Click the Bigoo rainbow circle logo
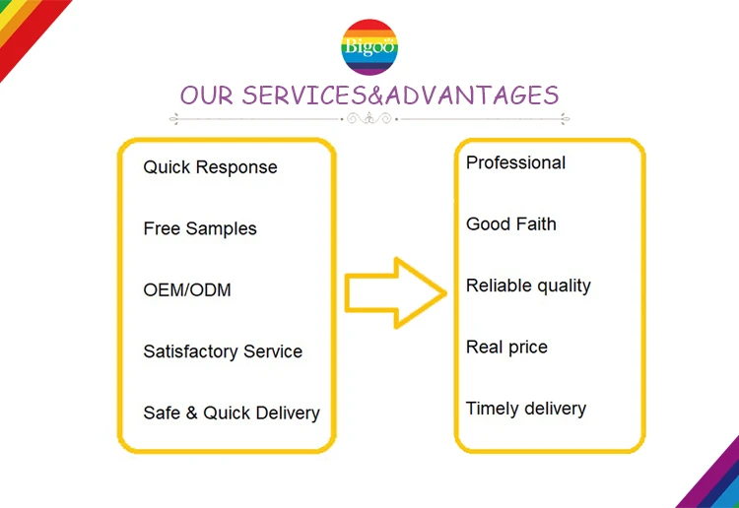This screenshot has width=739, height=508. tap(369, 47)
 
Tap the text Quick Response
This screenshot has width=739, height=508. tap(210, 167)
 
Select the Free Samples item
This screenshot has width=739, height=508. tap(199, 228)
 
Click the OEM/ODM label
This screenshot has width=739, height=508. tap(187, 290)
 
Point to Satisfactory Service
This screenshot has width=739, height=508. tap(223, 351)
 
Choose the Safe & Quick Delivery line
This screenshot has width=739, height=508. tap(232, 413)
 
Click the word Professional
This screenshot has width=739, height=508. tap(515, 163)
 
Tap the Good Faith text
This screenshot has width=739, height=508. tap(510, 224)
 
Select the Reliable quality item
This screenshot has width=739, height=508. tap(528, 286)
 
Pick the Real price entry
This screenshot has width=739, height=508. tap(506, 348)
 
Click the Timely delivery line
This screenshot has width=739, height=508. tap(525, 409)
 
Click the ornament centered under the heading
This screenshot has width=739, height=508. tap(369, 119)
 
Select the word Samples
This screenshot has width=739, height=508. tap(221, 228)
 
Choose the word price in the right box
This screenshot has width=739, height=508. tap(527, 348)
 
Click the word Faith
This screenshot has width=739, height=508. tap(534, 224)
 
